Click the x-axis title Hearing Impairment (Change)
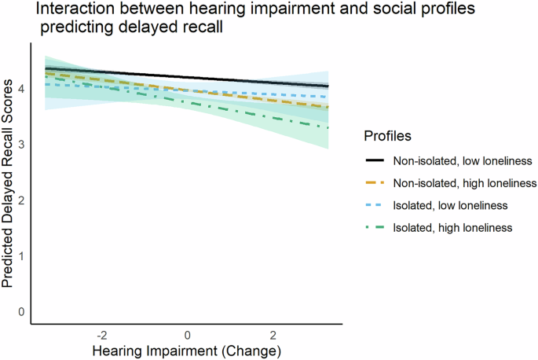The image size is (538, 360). [187, 349]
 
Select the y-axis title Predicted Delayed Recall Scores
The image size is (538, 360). [9, 183]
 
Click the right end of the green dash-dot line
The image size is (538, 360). [328, 127]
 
